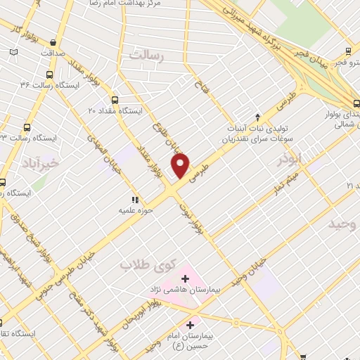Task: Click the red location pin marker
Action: (x=181, y=166)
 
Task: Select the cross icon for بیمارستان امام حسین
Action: (x=190, y=324)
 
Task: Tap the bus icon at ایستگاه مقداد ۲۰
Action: (x=115, y=100)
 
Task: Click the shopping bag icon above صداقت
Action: (x=53, y=41)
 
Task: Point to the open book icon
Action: (x=13, y=52)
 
